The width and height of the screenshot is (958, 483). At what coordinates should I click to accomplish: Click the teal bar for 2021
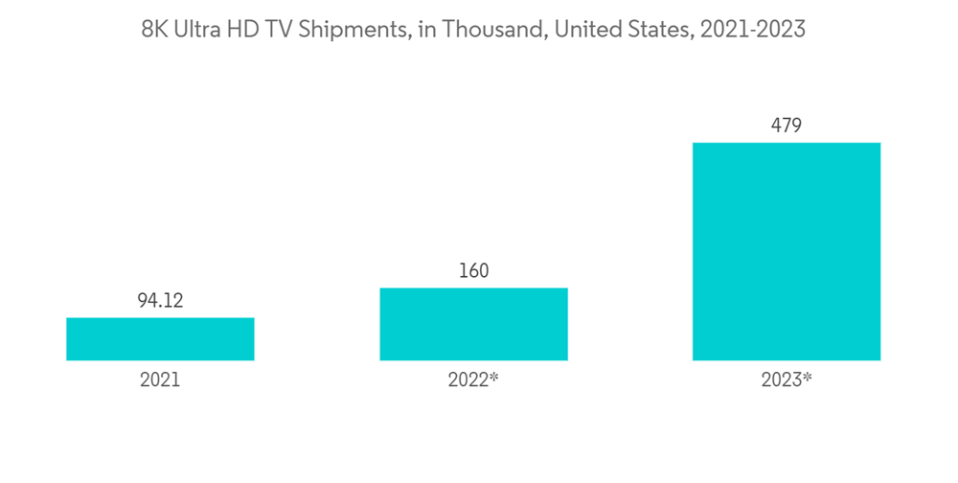160,339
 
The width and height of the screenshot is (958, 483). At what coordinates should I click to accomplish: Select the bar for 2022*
473,324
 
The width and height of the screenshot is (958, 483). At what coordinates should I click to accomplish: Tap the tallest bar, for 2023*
787,251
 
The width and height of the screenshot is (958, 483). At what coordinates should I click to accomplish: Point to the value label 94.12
160,302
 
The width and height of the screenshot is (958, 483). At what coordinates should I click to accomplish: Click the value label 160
473,271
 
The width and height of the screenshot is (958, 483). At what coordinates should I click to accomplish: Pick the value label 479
787,126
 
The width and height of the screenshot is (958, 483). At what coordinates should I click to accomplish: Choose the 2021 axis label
160,379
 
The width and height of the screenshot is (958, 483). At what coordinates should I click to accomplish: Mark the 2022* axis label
473,379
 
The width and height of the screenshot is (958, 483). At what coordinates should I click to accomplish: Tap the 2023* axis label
787,379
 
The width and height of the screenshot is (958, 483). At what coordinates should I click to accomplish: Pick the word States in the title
659,30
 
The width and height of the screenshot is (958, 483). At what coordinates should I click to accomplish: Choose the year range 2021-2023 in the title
753,30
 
